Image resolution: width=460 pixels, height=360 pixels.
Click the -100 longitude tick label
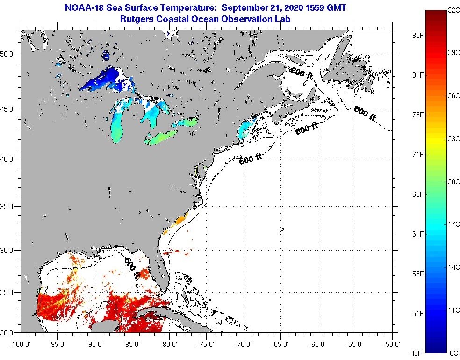coord(19,345)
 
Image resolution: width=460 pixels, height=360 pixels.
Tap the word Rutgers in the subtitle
coord(137,19)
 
